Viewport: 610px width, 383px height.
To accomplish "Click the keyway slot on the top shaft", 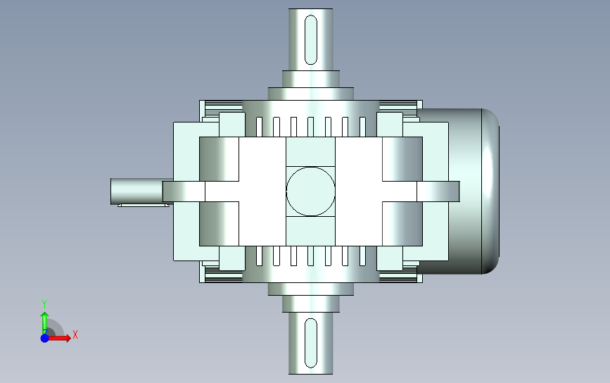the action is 311,39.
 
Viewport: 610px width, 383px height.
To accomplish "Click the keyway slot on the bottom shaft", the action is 311,343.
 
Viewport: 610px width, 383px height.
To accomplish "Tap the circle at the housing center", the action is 310,191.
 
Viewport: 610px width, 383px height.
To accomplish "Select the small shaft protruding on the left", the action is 136,191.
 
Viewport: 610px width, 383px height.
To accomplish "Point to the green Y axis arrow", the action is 44,322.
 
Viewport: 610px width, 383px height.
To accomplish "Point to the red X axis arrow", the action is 58,337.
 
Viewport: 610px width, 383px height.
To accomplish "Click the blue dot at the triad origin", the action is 45,338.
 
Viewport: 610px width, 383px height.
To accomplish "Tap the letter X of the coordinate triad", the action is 75,334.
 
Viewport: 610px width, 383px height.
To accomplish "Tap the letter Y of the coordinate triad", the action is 44,303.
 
